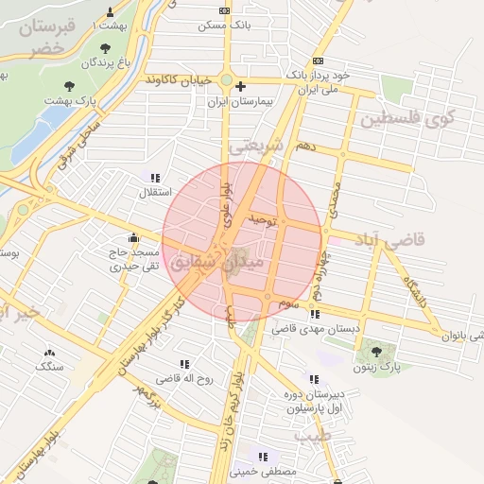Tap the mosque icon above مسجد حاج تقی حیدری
tap(133, 237)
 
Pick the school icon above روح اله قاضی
tap(184, 363)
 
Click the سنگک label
tap(49, 365)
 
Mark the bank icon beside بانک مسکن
tap(224, 10)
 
